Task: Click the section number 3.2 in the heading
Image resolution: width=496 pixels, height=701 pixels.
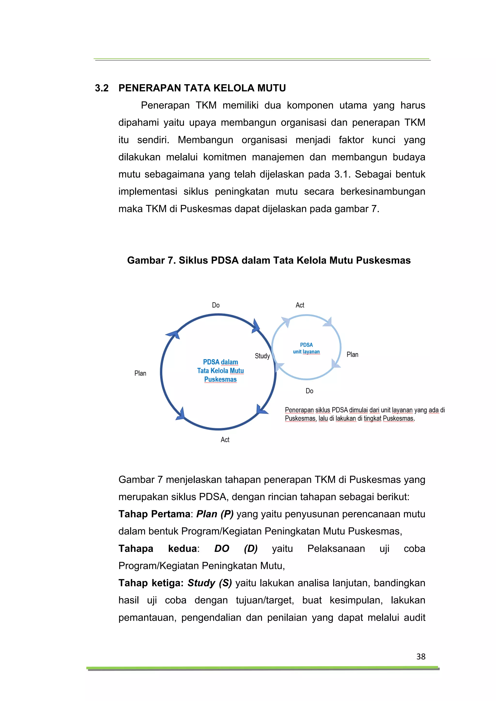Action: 102,88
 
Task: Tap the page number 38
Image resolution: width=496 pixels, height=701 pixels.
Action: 421,656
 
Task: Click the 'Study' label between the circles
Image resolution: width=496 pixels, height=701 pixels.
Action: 262,356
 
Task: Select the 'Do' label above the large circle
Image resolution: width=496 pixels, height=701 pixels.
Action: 216,305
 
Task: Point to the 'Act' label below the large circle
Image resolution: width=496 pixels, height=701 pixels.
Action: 225,440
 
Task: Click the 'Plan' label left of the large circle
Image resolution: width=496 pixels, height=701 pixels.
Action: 140,373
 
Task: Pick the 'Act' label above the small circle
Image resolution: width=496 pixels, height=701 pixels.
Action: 300,305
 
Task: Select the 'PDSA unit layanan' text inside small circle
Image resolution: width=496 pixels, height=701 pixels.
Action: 306,348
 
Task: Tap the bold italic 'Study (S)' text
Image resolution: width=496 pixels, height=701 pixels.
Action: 209,583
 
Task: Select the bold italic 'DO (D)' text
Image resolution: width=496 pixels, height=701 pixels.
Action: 236,549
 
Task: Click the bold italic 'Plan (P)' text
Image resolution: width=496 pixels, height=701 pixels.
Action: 215,514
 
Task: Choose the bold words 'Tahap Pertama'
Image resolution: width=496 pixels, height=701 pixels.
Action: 154,514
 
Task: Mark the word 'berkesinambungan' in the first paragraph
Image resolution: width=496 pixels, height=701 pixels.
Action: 383,192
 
